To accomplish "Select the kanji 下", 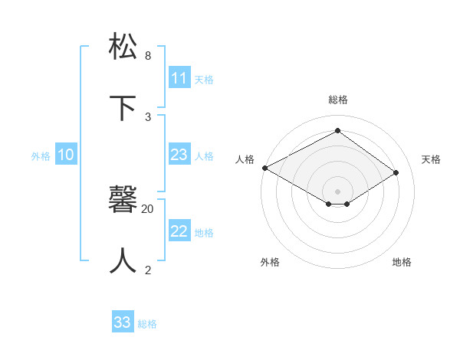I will [123, 108].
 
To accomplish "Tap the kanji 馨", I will [123, 200].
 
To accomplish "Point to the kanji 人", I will [123, 260].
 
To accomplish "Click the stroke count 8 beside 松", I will [148, 56].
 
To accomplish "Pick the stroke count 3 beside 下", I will [148, 117].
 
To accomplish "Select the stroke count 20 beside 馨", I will [148, 208].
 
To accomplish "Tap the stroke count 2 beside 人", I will [148, 270].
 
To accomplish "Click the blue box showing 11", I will [179, 78].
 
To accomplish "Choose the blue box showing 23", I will [179, 155].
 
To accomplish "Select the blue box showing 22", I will [179, 231].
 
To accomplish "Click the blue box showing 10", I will [66, 155].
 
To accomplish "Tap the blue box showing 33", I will [123, 322].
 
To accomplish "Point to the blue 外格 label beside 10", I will [41, 156].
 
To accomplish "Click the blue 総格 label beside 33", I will [147, 324].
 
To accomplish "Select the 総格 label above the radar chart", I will [338, 100].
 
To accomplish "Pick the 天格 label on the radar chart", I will [431, 159].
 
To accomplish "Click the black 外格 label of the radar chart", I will [270, 262].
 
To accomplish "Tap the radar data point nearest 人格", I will [264, 168].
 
